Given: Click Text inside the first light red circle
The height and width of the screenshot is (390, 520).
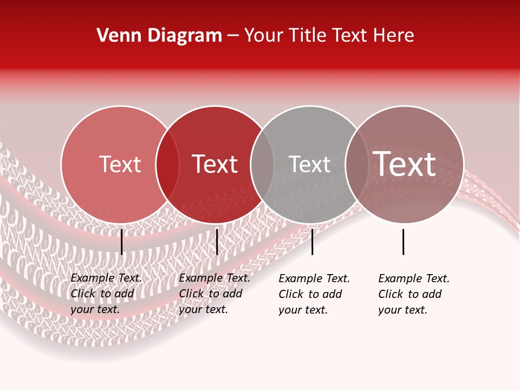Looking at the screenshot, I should tap(120, 164).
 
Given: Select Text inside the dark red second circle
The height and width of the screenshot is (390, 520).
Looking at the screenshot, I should tap(215, 164).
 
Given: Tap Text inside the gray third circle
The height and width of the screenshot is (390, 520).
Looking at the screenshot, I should tap(309, 164).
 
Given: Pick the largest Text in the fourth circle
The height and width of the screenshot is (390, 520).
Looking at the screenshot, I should tap(405, 164).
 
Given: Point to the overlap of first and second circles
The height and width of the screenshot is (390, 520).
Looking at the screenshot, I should tap(167, 165).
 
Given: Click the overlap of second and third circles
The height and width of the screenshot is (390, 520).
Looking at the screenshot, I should tap(262, 165).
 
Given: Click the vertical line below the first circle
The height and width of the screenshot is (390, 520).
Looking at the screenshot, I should tap(122, 242).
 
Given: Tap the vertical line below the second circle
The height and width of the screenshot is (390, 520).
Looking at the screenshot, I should tap(217, 242).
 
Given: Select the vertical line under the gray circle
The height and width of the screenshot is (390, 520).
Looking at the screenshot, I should tap(312, 242).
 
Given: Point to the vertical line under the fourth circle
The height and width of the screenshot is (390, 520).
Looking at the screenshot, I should tap(404, 242).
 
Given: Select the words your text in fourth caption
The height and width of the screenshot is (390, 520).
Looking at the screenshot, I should tap(402, 310).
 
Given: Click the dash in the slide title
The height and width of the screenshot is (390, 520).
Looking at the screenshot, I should tap(233, 36).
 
